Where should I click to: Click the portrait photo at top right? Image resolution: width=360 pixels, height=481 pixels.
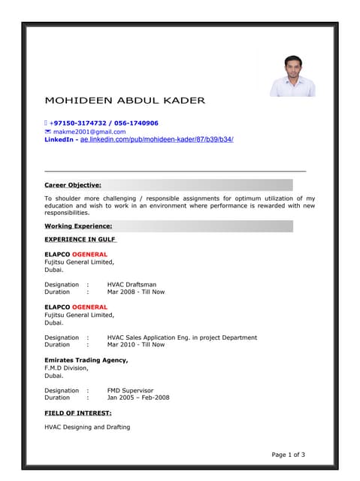(292, 75)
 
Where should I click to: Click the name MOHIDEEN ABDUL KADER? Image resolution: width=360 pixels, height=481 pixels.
(124, 100)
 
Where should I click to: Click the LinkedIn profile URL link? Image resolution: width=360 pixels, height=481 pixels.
(157, 140)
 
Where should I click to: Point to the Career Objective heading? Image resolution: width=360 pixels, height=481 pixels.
(73, 184)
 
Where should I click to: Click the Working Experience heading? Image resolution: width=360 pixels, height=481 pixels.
(78, 225)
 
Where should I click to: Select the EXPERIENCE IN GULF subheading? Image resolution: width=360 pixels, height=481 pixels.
(80, 239)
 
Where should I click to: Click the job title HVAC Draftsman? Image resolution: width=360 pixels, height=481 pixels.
(132, 285)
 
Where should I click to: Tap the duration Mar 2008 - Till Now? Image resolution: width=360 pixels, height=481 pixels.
(135, 292)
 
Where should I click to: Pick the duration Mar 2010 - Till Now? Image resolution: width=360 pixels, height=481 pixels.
(135, 345)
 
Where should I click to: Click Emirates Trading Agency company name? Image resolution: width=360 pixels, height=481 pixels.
(86, 361)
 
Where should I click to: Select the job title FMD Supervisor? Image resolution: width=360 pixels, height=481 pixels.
(130, 391)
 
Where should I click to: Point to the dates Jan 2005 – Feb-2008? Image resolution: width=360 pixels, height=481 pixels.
(138, 398)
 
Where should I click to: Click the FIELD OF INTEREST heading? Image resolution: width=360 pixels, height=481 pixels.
(78, 413)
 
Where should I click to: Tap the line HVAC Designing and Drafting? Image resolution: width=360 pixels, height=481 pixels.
(87, 427)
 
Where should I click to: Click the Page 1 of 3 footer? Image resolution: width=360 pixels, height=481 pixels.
(288, 455)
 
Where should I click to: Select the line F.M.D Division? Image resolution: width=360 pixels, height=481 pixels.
(66, 368)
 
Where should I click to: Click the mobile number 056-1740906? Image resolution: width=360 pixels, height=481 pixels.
(136, 123)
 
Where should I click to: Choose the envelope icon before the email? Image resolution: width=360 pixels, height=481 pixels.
(48, 132)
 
